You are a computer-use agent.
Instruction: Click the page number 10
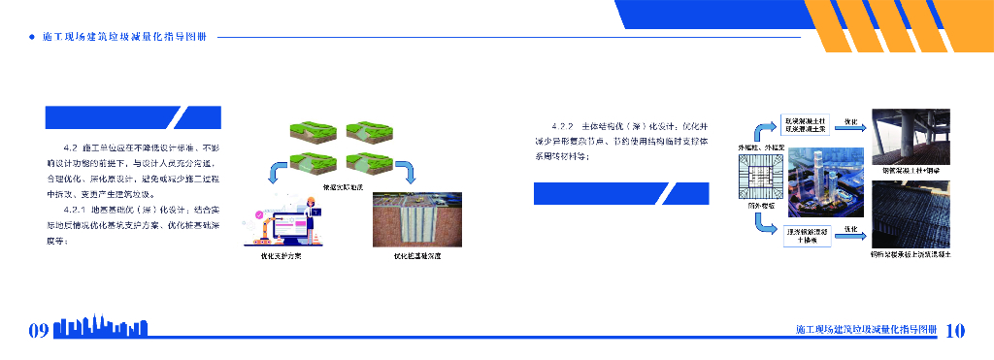[955, 330]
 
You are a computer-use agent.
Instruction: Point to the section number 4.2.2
[561, 126]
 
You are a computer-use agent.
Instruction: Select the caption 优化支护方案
[281, 256]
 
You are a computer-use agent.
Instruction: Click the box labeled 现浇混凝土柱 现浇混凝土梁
[806, 123]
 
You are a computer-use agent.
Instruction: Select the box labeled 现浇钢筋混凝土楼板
[806, 235]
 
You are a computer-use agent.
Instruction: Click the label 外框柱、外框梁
[758, 147]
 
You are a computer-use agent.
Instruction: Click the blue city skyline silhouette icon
[103, 328]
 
